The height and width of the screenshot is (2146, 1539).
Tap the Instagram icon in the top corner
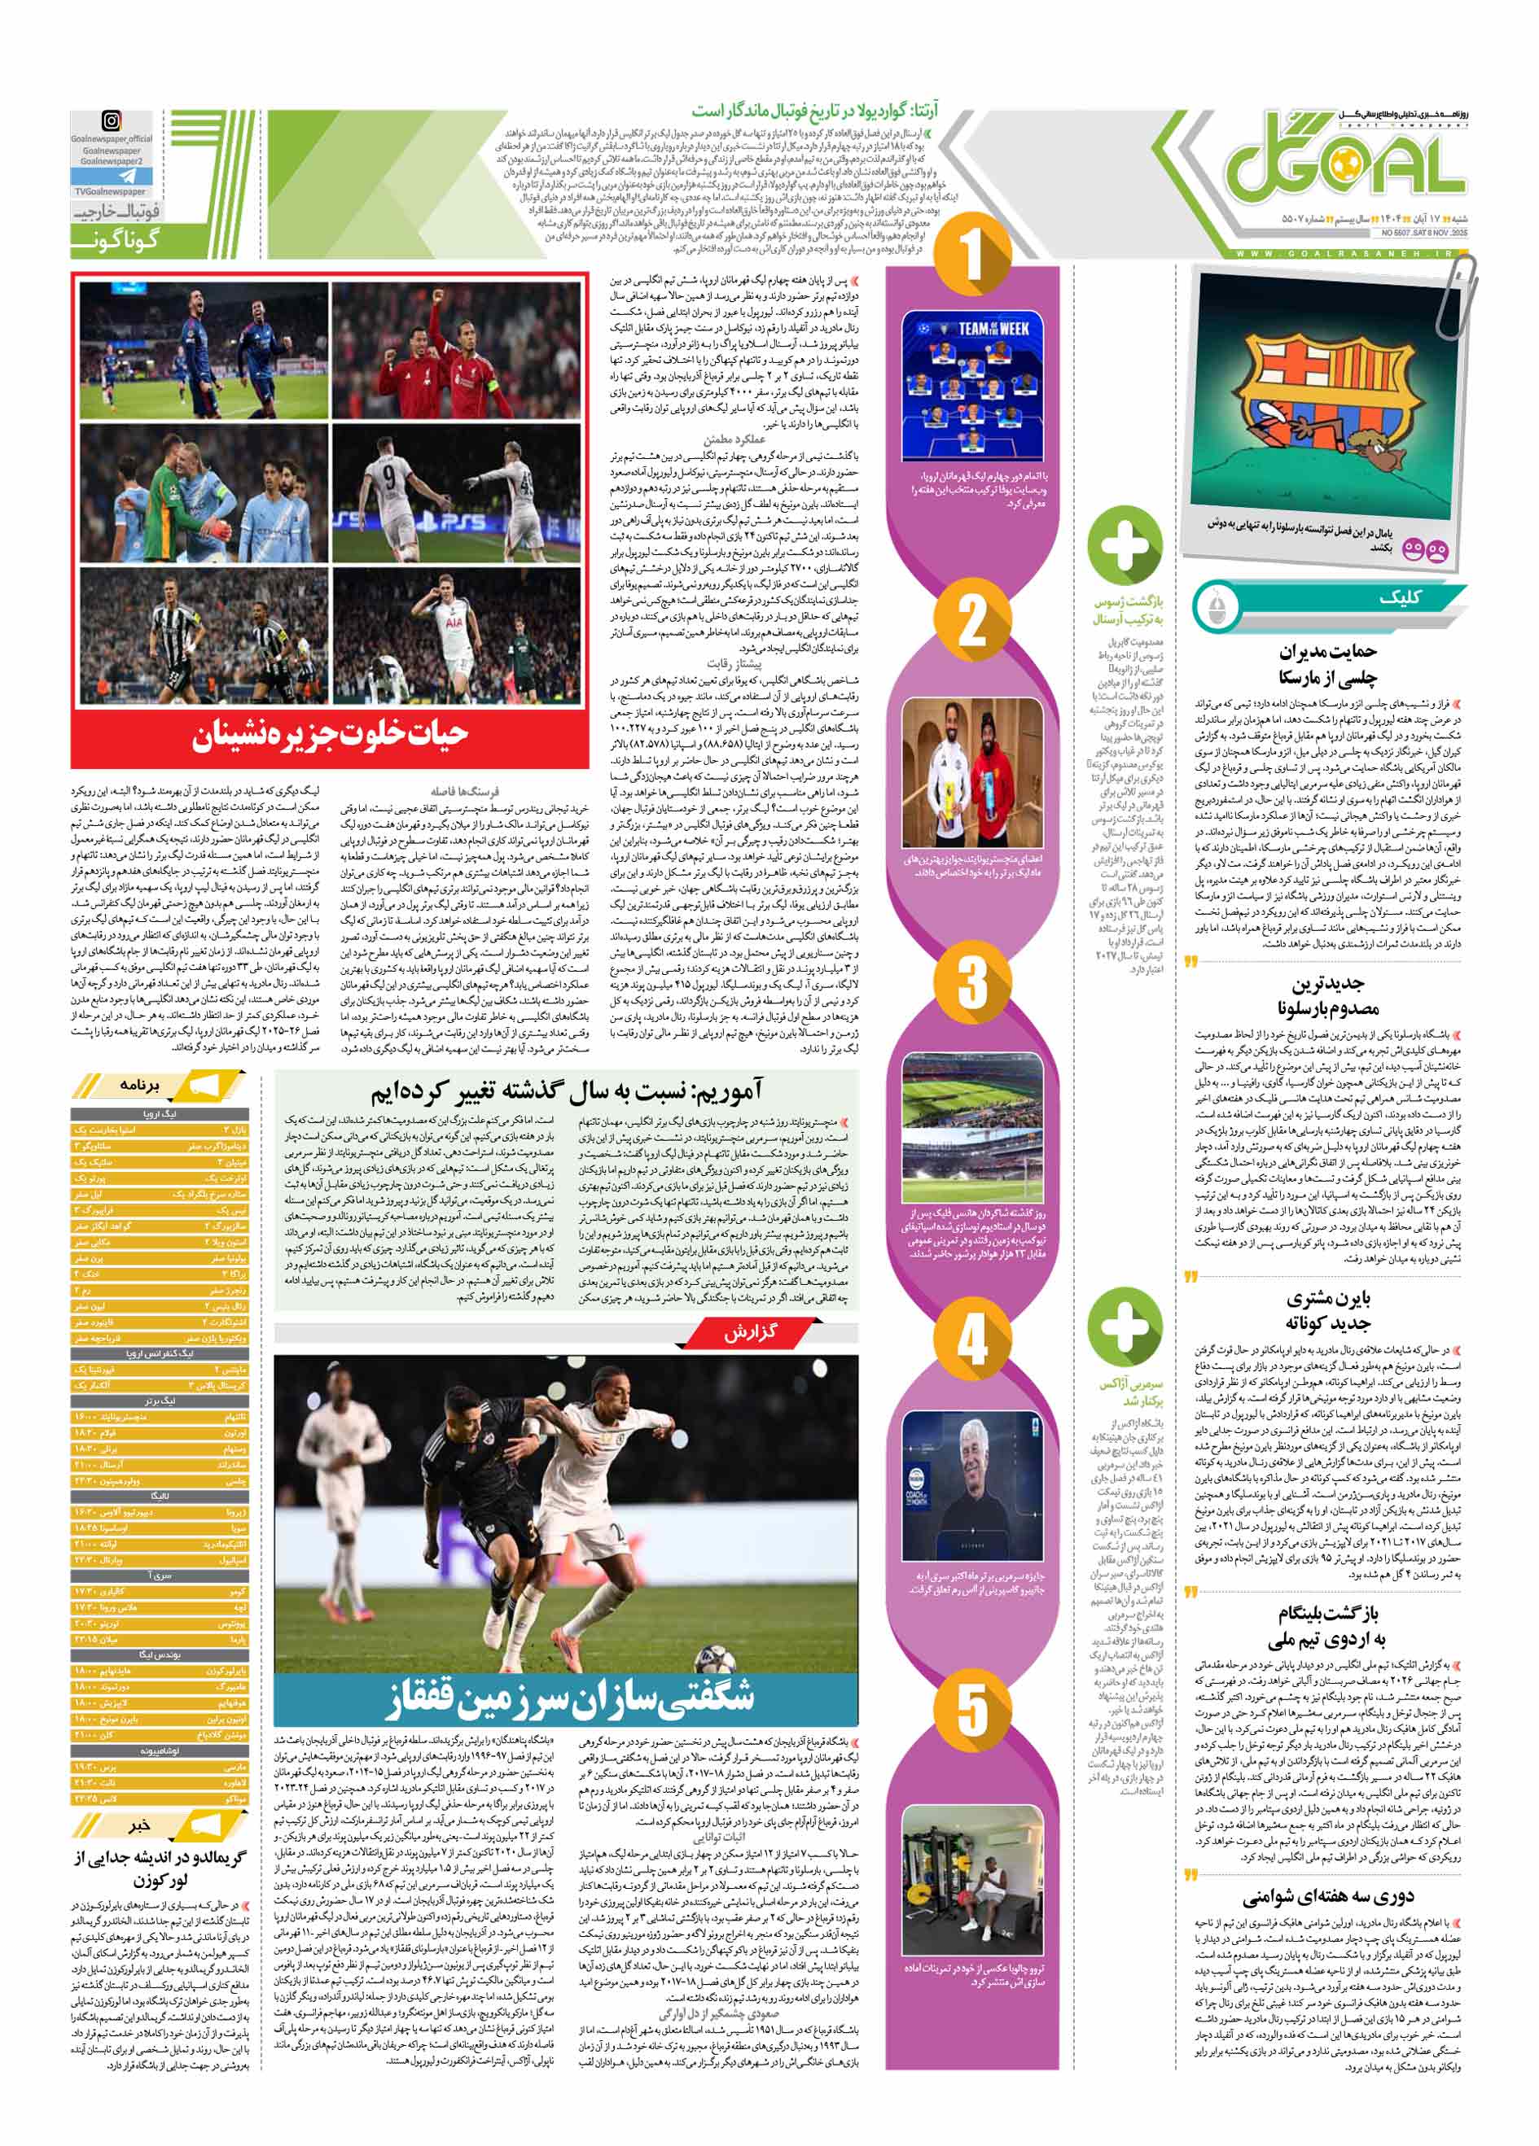112,121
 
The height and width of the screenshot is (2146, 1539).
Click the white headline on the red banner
331,734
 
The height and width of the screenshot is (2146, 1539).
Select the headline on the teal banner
566,1699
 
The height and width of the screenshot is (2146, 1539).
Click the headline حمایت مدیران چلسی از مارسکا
1328,664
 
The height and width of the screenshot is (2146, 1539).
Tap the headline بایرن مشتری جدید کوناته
1328,1310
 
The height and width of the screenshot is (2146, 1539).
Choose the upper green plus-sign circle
1125,546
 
